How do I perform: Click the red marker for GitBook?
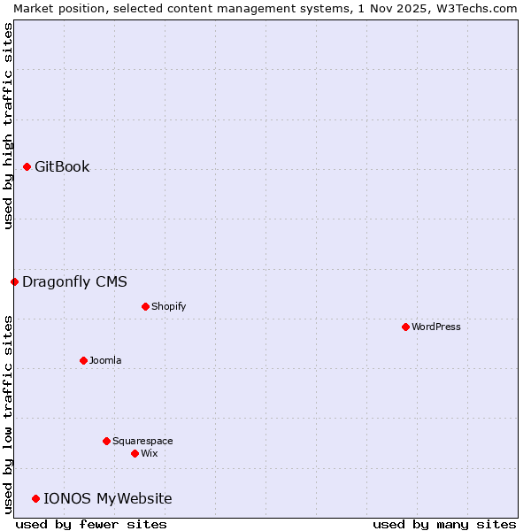27,166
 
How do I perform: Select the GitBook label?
62,166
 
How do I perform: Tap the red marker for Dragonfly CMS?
14,281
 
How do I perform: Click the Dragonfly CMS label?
74,281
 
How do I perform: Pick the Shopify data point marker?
145,306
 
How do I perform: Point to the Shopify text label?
168,306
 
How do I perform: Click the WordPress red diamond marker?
405,327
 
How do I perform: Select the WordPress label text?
435,327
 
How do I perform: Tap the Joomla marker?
83,360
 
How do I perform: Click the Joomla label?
105,360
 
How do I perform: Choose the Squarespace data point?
106,441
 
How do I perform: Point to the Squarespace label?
142,441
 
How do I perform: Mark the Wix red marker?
135,453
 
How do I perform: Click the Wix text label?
149,453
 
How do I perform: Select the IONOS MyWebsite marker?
35,498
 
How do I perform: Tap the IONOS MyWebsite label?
107,498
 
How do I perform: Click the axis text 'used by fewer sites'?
91,524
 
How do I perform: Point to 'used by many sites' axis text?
444,524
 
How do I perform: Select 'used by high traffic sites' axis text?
8,126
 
